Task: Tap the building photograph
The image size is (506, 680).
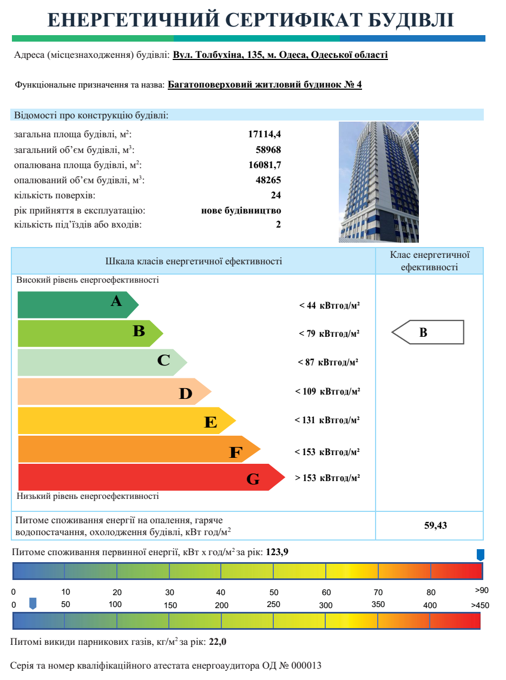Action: (x=379, y=182)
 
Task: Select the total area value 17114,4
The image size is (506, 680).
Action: (x=265, y=135)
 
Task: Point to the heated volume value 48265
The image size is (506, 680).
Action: (x=268, y=180)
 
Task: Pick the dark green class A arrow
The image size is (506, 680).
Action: (x=76, y=305)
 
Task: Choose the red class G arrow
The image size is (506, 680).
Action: (x=146, y=477)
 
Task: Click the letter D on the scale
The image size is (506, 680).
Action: (x=186, y=395)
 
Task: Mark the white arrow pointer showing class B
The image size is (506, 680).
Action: (x=428, y=332)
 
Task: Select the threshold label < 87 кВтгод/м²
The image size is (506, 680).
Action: (x=328, y=362)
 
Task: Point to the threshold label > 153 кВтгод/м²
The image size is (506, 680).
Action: (x=327, y=478)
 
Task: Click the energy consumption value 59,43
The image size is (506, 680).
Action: (x=436, y=525)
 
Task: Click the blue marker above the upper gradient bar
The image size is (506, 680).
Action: (x=480, y=555)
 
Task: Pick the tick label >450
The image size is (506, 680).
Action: (x=480, y=605)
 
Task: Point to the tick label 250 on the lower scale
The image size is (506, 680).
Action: (x=273, y=604)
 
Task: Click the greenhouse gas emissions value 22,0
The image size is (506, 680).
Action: (x=218, y=643)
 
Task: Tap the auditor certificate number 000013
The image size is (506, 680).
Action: (x=307, y=665)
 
